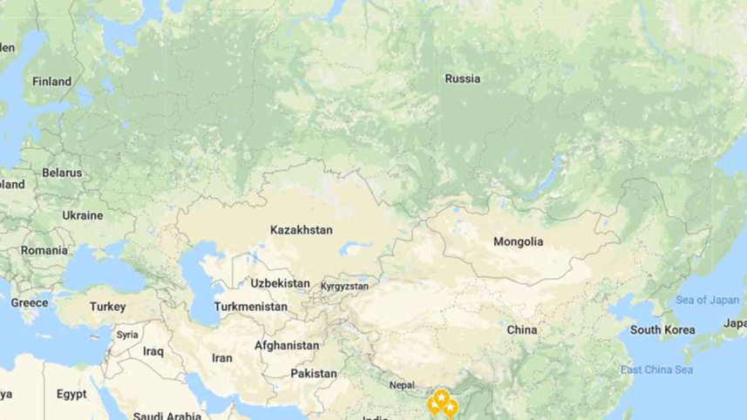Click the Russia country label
click(462, 78)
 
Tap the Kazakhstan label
click(302, 230)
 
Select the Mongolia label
click(518, 241)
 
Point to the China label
click(522, 330)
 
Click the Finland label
click(52, 81)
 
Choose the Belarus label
click(62, 173)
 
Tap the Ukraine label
click(82, 215)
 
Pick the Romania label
click(44, 250)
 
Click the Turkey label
click(108, 307)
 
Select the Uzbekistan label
click(280, 283)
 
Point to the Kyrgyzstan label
click(344, 286)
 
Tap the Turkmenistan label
click(251, 307)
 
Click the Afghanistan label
click(287, 345)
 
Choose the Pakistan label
click(314, 373)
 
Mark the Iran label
click(222, 357)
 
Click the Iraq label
click(153, 351)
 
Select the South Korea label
click(662, 330)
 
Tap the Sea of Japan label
click(708, 300)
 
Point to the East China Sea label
click(656, 370)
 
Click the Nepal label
click(402, 385)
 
